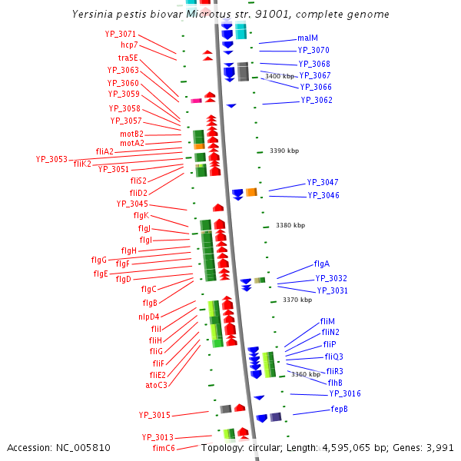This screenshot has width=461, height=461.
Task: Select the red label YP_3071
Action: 121,34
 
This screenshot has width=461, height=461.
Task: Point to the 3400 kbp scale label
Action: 280,77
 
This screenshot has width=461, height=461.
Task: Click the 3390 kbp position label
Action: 284,151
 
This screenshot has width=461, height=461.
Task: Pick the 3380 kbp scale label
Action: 290,225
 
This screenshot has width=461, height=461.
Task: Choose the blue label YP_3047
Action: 323,182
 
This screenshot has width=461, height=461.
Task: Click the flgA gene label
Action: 322,264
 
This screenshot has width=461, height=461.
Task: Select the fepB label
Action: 340,409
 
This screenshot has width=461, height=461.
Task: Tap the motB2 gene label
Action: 131,134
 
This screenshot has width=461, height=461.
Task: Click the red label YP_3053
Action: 51,159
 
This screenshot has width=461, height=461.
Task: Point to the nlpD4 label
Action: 149,316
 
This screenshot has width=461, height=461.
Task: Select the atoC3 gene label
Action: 156,385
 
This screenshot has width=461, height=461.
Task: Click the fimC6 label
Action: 164,448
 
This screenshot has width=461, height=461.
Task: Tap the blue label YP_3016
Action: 345,393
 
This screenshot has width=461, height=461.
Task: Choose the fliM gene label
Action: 327,321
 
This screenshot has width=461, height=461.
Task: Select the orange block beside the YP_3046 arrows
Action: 251,192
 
